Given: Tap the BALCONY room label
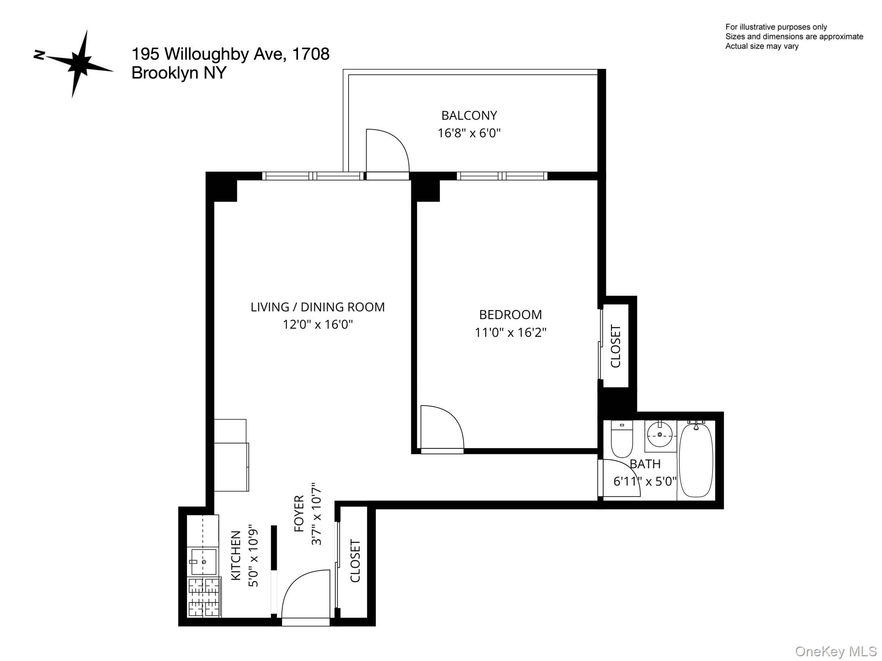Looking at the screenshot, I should (x=469, y=115).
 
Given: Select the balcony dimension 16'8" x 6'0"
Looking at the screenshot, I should (x=469, y=133).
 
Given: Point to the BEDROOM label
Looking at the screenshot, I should (x=510, y=315).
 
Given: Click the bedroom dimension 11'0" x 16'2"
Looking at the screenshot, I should (x=510, y=332).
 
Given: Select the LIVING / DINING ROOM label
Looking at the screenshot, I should (x=318, y=307).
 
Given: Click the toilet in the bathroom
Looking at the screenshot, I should (x=621, y=439).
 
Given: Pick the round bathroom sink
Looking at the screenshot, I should (x=660, y=434).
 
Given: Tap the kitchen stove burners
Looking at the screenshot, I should (x=204, y=597).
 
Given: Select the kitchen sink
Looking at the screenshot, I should (x=203, y=562).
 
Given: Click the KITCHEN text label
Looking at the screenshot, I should (x=236, y=555).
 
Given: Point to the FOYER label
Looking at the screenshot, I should (x=299, y=513).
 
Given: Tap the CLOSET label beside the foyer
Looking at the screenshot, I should (x=355, y=561).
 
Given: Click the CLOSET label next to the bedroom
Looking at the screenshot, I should (x=616, y=346).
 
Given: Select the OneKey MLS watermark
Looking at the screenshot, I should (x=835, y=651).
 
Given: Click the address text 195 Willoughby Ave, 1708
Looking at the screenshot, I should (x=230, y=54).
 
